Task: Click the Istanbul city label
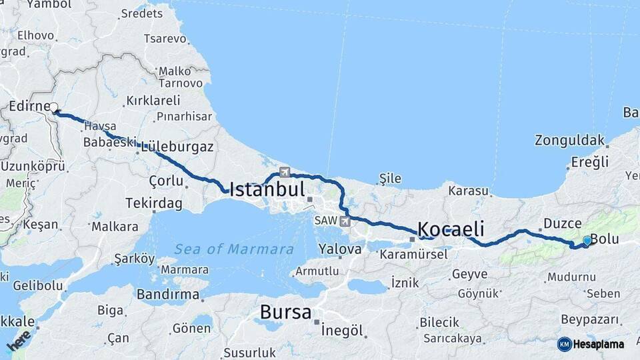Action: [x=267, y=189]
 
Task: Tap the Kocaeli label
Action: [x=450, y=228]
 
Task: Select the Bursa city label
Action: [x=285, y=312]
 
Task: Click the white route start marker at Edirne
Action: [x=54, y=106]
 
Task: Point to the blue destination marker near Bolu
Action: [x=587, y=240]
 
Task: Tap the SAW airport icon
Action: [x=344, y=221]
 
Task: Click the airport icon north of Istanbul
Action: [x=285, y=171]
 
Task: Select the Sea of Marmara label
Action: [x=234, y=249]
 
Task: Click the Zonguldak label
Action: [x=569, y=141]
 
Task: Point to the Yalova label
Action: [x=340, y=249]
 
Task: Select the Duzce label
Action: [x=562, y=223]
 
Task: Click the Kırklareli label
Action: [x=153, y=101]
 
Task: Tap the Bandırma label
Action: [x=167, y=294]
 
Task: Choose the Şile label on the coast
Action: [x=389, y=178]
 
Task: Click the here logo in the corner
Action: [x=19, y=341]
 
